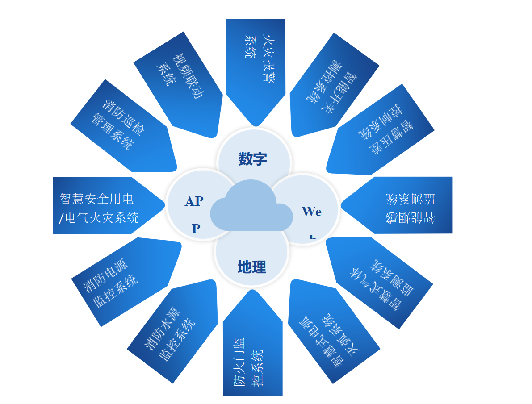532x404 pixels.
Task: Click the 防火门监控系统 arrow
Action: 252,353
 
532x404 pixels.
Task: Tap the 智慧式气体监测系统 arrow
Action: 380,281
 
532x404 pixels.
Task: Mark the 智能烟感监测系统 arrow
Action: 402,205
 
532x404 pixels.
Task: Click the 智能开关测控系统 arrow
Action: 333,83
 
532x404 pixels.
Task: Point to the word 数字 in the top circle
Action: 253,159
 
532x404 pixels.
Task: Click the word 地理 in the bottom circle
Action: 252,267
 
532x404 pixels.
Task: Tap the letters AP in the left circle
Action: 194,201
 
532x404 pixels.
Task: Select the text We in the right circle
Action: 311,212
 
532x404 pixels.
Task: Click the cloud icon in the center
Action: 251,208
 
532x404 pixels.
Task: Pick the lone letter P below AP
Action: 196,229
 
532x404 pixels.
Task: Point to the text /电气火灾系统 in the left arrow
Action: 99,218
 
